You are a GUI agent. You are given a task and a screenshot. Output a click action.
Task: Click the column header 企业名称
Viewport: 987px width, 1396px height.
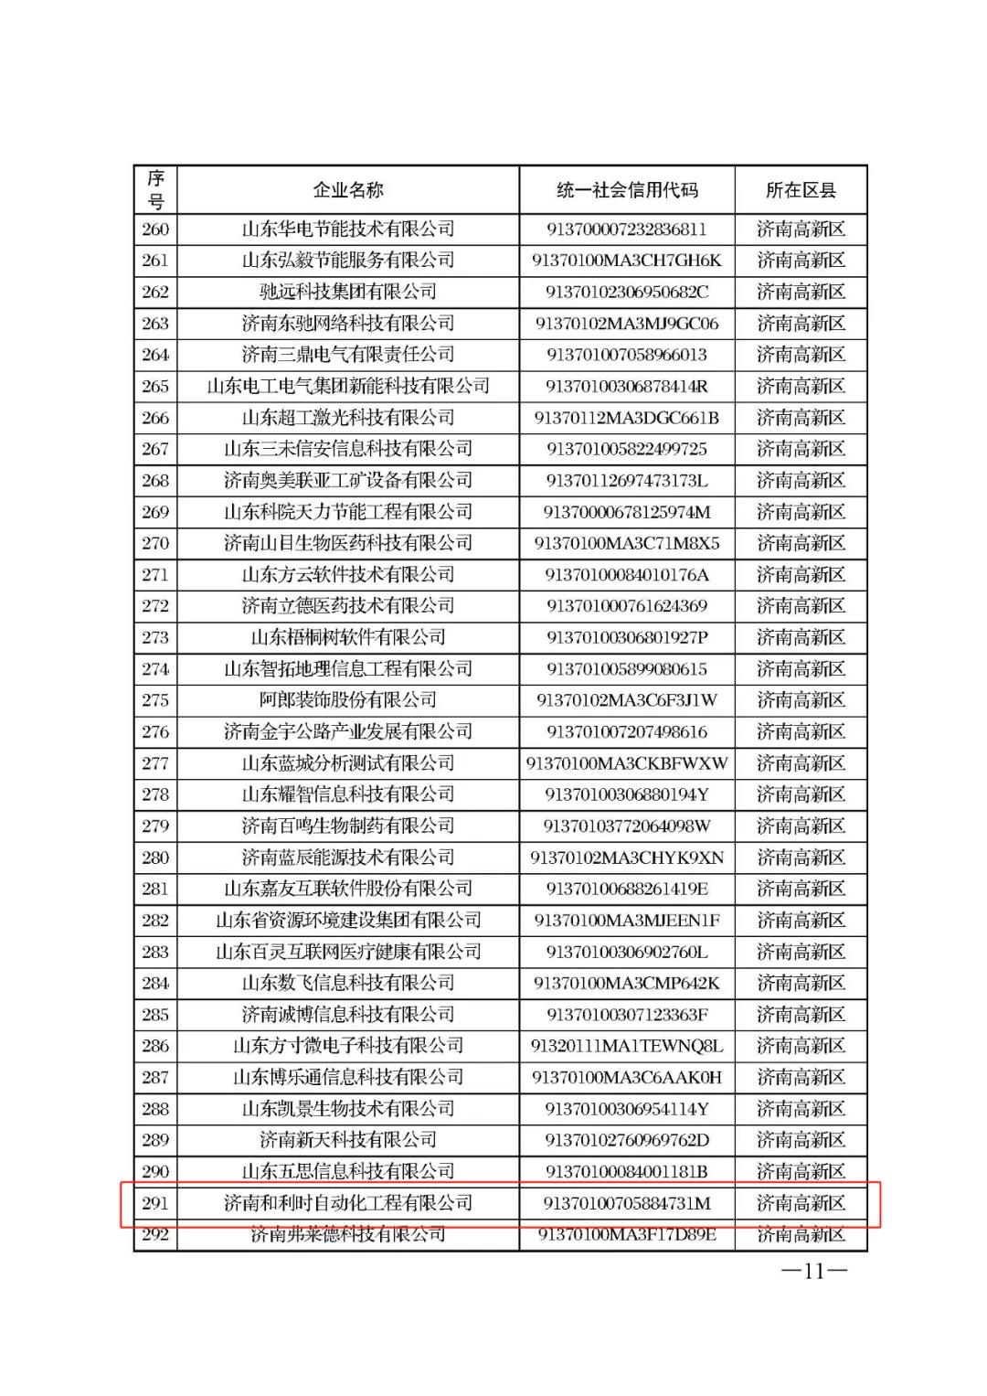pyautogui.click(x=347, y=190)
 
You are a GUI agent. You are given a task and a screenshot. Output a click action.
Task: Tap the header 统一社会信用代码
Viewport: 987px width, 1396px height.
pyautogui.click(x=626, y=190)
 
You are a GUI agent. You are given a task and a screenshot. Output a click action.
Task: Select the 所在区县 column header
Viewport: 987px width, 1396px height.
pyautogui.click(x=801, y=190)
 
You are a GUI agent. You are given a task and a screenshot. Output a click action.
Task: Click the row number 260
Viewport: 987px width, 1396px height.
pyautogui.click(x=155, y=229)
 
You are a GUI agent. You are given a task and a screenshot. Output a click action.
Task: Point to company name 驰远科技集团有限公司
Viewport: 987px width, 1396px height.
pyautogui.click(x=347, y=292)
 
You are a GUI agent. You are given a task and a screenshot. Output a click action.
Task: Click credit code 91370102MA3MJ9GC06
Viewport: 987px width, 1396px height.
pyautogui.click(x=626, y=324)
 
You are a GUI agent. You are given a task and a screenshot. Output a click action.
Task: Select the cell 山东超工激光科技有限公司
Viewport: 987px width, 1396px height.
pyautogui.click(x=347, y=418)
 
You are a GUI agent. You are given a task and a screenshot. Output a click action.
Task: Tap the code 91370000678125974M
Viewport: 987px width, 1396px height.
pyautogui.click(x=626, y=512)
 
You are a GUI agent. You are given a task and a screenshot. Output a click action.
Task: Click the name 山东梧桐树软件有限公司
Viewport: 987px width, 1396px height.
pyautogui.click(x=347, y=637)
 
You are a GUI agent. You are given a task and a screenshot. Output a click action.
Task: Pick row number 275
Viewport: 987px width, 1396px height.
pyautogui.click(x=155, y=700)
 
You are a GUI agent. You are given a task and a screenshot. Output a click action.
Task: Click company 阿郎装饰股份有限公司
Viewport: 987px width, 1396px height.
pyautogui.click(x=347, y=700)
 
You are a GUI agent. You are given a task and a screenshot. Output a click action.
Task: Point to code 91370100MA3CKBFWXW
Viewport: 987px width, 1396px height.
pyautogui.click(x=626, y=763)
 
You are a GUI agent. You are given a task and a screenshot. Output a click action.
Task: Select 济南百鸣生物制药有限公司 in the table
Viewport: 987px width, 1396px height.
pyautogui.click(x=347, y=826)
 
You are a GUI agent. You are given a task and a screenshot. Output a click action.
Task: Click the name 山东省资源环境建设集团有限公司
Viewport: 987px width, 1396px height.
pyautogui.click(x=347, y=920)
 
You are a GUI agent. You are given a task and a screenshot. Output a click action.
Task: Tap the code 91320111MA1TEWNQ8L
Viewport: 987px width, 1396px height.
pyautogui.click(x=626, y=1046)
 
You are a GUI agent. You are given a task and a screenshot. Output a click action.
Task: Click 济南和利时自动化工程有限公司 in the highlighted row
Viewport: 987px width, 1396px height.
pyautogui.click(x=347, y=1203)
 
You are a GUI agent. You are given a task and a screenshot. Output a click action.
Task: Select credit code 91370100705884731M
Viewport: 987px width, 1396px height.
pyautogui.click(x=626, y=1203)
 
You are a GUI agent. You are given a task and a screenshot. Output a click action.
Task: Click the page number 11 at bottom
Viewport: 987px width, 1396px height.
pyautogui.click(x=813, y=1271)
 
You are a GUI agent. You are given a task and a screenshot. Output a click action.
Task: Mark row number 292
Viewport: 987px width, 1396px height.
pyautogui.click(x=155, y=1235)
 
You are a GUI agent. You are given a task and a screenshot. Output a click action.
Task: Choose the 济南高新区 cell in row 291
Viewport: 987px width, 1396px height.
pyautogui.click(x=801, y=1203)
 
